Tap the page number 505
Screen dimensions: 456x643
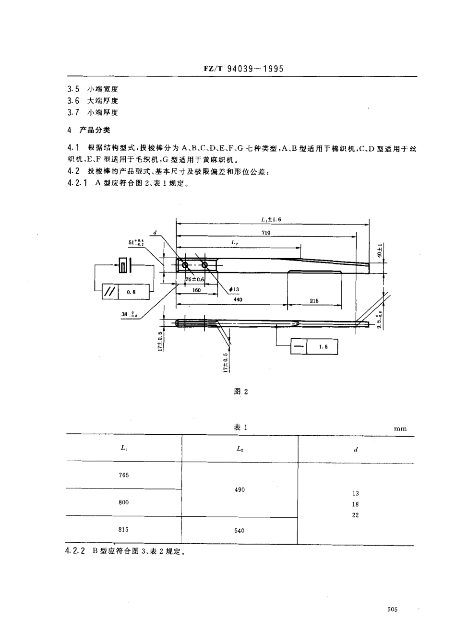[x=392, y=609]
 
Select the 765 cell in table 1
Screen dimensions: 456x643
[x=124, y=475]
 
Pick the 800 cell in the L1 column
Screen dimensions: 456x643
[x=124, y=502]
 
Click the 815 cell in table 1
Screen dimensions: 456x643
[x=124, y=530]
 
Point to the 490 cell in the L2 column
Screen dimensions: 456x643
[x=240, y=490]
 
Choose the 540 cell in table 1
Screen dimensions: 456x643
[x=240, y=530]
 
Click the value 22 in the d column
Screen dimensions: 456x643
[x=355, y=515]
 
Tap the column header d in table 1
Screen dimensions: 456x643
[x=356, y=450]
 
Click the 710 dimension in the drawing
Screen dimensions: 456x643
[x=266, y=233]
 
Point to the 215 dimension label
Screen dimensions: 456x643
[x=314, y=301]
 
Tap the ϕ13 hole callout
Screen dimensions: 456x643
[x=234, y=289]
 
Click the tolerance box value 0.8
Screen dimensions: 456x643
[x=132, y=291]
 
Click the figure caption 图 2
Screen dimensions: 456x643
[x=240, y=392]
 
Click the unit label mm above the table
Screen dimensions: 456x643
[x=400, y=429]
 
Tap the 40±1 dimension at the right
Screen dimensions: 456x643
[x=379, y=250]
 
